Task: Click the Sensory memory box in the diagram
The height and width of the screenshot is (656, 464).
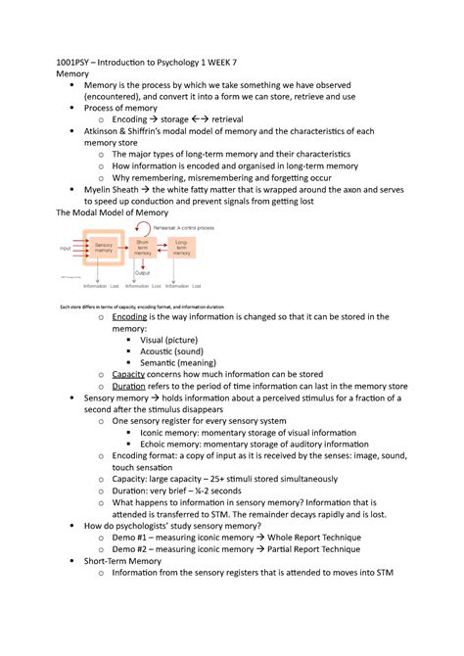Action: (103, 249)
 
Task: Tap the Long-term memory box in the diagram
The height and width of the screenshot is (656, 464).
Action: (185, 249)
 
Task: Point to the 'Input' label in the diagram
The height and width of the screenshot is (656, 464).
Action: (66, 249)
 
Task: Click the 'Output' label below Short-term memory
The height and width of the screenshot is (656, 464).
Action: (143, 273)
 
